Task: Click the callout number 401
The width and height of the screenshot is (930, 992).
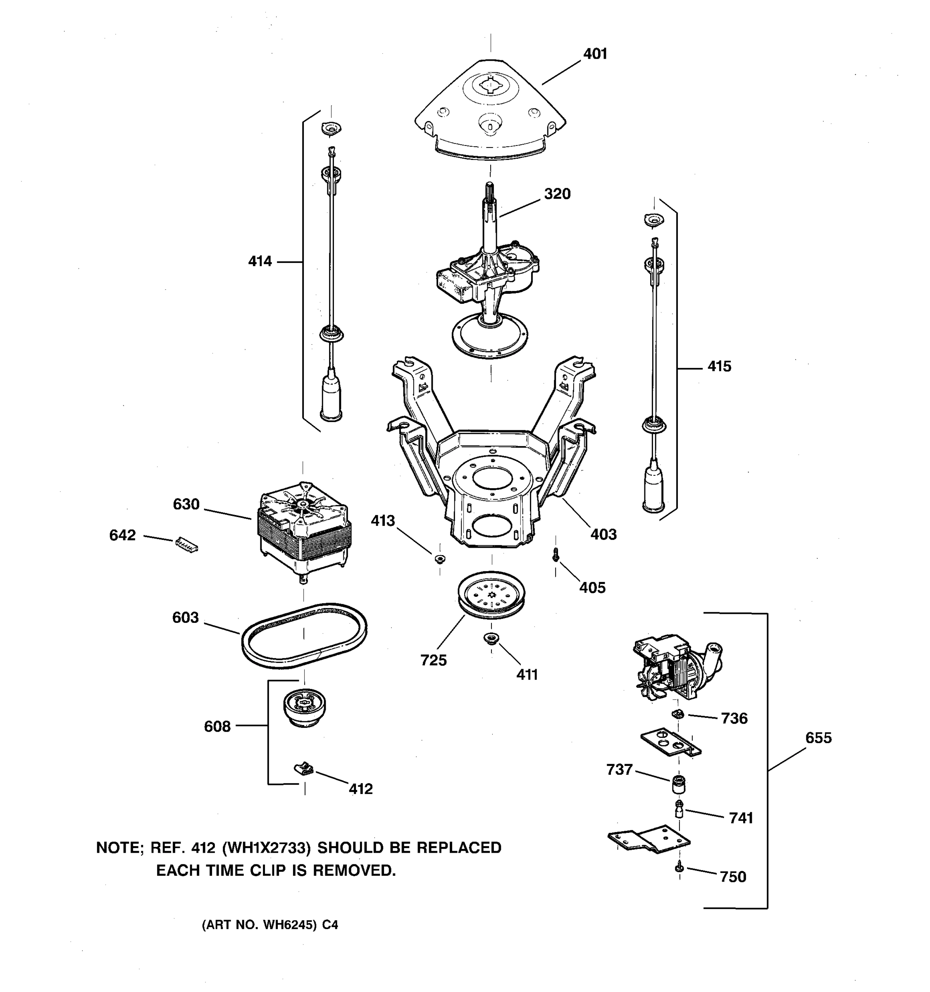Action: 595,54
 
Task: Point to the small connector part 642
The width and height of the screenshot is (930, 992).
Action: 186,544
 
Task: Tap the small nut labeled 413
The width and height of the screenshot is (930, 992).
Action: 439,558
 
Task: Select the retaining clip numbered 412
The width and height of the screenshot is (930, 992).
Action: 304,769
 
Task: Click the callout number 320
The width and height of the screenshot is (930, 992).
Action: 557,193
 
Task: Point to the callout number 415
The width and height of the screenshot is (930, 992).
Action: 719,366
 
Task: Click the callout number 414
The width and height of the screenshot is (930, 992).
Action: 260,261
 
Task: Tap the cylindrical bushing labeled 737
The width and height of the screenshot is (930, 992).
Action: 677,784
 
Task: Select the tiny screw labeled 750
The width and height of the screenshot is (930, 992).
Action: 679,869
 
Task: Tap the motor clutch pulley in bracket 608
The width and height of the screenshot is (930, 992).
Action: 304,706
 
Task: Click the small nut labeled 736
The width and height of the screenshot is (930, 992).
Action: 677,715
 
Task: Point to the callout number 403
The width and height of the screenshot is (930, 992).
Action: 603,534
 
